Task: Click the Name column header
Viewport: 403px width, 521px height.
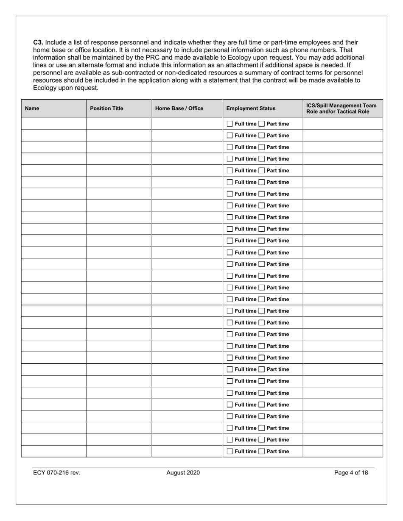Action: tap(32, 108)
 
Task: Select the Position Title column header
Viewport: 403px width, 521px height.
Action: tap(106, 108)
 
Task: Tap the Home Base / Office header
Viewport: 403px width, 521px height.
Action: tap(179, 108)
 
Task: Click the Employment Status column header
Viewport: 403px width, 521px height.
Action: tap(251, 108)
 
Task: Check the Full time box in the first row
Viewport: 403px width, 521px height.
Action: tap(229, 124)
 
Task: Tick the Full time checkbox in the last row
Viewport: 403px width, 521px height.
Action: tap(229, 451)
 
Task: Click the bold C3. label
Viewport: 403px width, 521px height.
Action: tap(38, 42)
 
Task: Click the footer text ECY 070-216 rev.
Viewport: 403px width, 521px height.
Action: tap(56, 473)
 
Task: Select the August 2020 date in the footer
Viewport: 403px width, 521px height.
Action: tap(183, 473)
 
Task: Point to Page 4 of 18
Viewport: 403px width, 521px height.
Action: tap(351, 473)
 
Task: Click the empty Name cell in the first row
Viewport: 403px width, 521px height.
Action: tap(54, 124)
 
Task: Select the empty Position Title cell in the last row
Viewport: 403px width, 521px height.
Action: tap(119, 451)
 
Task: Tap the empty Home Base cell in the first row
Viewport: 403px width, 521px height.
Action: tap(187, 124)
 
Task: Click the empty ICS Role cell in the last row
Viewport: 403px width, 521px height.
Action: tap(342, 451)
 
